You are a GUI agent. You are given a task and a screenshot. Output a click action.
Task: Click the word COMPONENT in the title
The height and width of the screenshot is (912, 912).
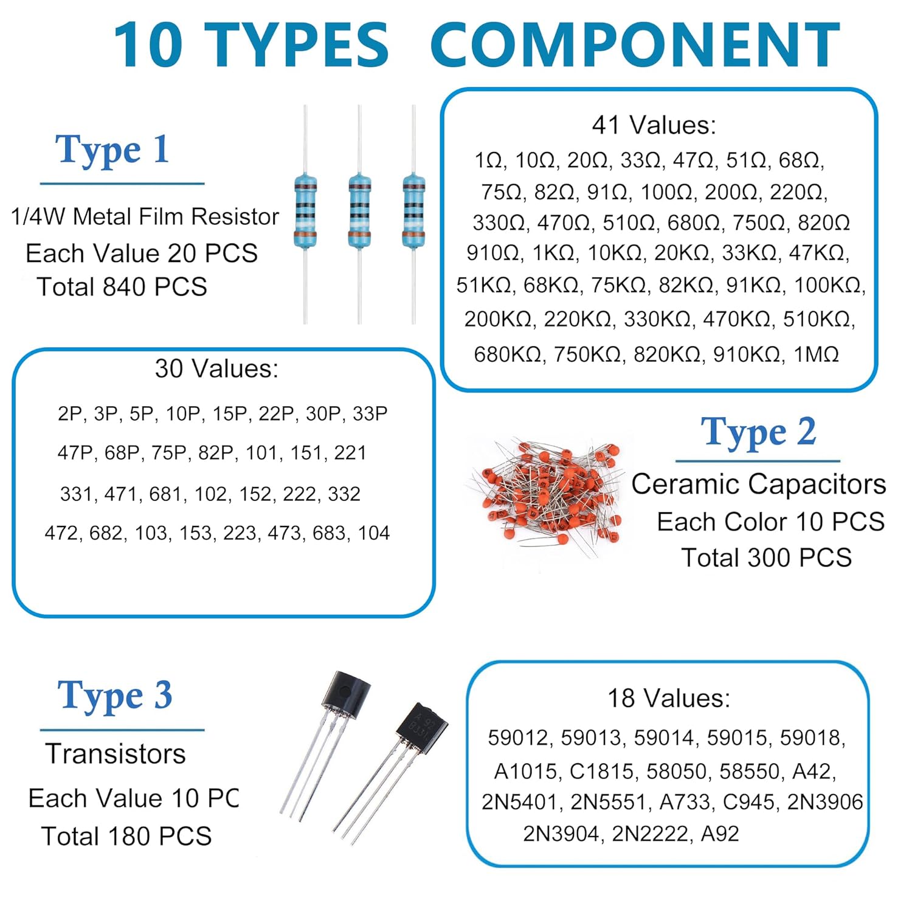tap(635, 45)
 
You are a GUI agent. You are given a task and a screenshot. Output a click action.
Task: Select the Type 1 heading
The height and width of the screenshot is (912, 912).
tap(112, 150)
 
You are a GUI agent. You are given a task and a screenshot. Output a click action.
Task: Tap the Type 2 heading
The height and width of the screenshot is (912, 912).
tap(758, 432)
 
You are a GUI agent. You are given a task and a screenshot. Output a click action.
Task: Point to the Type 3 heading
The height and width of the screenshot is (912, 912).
tap(115, 696)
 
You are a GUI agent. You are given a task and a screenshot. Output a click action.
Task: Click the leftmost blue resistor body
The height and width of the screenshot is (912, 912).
tap(305, 212)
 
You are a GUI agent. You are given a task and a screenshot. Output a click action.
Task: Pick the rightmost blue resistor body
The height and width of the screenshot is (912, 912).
tap(413, 212)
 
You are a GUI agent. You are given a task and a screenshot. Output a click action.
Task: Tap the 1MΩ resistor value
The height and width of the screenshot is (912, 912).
tap(816, 354)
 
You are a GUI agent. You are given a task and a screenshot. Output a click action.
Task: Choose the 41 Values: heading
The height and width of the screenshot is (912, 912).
tap(654, 125)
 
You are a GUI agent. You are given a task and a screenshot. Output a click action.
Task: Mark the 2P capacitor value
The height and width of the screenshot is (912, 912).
tap(70, 414)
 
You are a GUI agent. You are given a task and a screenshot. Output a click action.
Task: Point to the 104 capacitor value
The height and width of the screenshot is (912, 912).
tap(373, 533)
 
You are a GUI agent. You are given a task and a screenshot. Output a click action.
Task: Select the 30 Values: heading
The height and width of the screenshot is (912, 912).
tap(216, 369)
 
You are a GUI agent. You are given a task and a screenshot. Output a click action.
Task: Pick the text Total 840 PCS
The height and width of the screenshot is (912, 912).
tap(122, 287)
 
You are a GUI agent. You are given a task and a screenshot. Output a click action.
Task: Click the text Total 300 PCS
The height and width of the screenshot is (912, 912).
tap(766, 558)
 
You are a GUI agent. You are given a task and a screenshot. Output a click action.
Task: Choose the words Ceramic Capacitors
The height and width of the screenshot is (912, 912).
tap(758, 485)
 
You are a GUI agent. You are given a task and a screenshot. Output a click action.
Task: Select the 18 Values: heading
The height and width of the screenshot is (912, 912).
tap(668, 699)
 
